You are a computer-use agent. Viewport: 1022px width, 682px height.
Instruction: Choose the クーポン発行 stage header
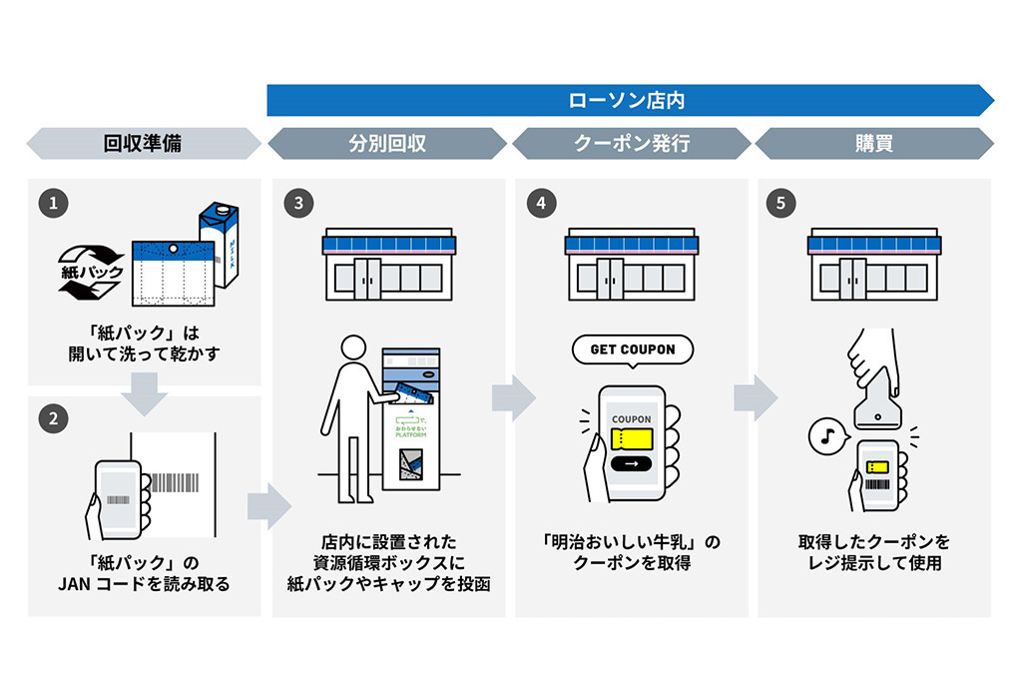(x=631, y=144)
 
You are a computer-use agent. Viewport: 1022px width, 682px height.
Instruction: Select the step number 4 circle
(x=540, y=204)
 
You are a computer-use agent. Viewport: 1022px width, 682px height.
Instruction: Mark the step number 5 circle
(x=782, y=204)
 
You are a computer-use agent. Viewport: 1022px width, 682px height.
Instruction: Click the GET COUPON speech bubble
(x=632, y=350)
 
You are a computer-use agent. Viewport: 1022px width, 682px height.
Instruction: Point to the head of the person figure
(x=356, y=350)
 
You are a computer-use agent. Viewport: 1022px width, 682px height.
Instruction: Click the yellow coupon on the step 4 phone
(x=631, y=438)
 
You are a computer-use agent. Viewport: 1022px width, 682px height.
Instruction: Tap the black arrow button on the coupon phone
(x=631, y=463)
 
